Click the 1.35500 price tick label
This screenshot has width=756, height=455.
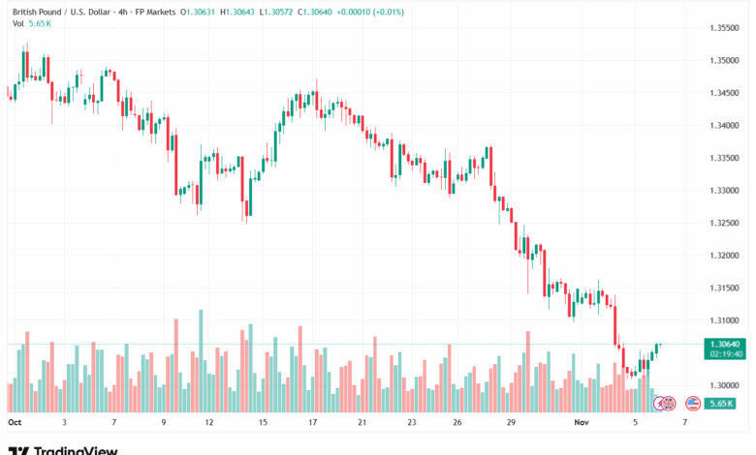tap(723, 28)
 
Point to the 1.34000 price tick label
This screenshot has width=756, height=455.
tap(723, 125)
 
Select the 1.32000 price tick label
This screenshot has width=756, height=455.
tap(723, 256)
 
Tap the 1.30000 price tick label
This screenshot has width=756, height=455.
tap(723, 385)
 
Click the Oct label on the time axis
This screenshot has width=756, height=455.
tap(15, 423)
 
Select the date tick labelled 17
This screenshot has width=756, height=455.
tap(313, 423)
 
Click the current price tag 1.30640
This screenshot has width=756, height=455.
tap(723, 344)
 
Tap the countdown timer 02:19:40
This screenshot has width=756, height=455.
tap(723, 354)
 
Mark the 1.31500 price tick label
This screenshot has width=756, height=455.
tap(723, 288)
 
